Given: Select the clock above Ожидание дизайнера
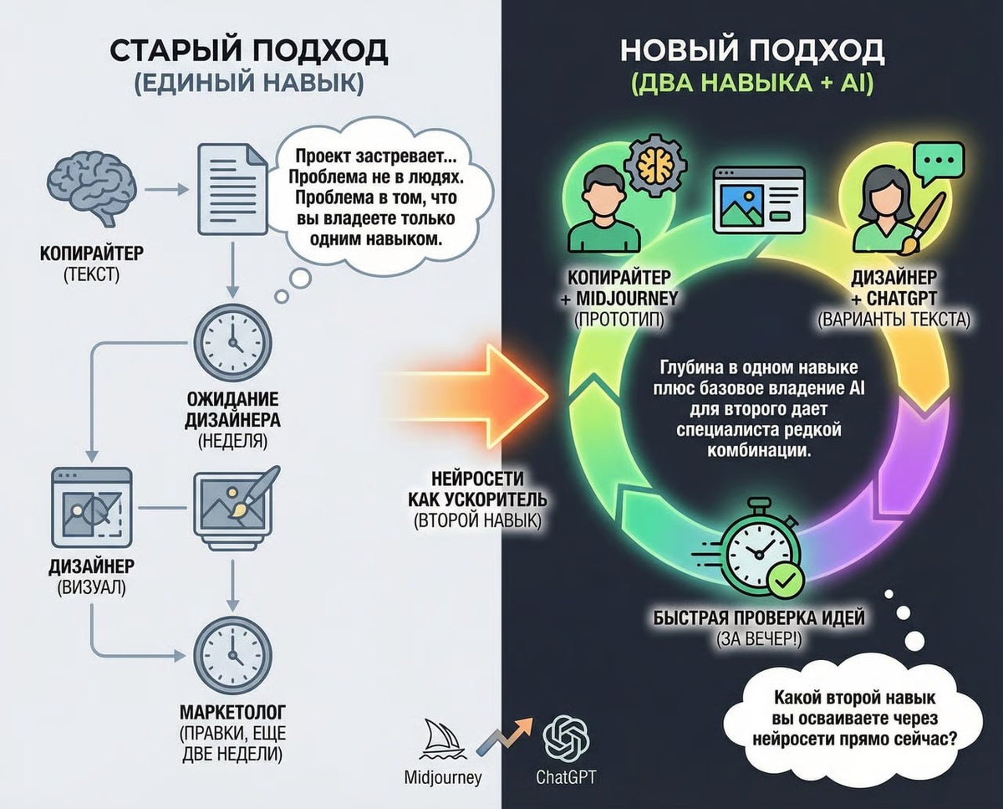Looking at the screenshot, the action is click(x=232, y=343).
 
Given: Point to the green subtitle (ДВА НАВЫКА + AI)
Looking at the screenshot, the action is click(x=751, y=84).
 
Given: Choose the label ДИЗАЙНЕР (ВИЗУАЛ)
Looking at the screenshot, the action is click(x=91, y=576).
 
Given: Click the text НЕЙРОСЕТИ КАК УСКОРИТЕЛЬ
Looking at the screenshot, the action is click(x=479, y=490).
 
